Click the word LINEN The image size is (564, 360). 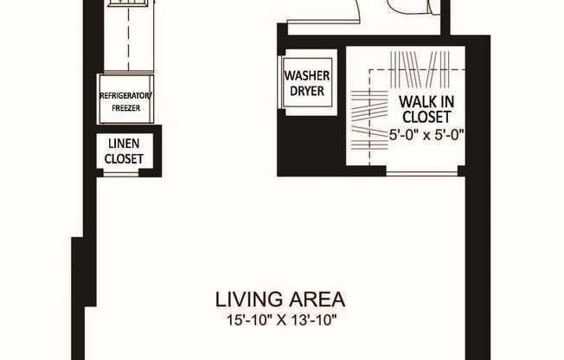[x=124, y=144]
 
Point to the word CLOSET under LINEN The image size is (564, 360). [x=124, y=158]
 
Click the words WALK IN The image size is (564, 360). [x=424, y=100]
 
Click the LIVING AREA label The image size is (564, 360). [x=280, y=300]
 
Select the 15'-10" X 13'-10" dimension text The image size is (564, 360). [x=280, y=320]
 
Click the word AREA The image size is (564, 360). [x=316, y=300]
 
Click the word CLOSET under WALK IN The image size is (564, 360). [x=424, y=117]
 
